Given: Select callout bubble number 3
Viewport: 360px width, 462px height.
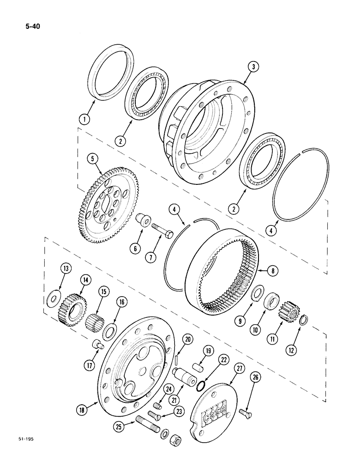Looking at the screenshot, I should (253, 67).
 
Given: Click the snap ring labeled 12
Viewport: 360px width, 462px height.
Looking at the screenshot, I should (303, 320).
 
